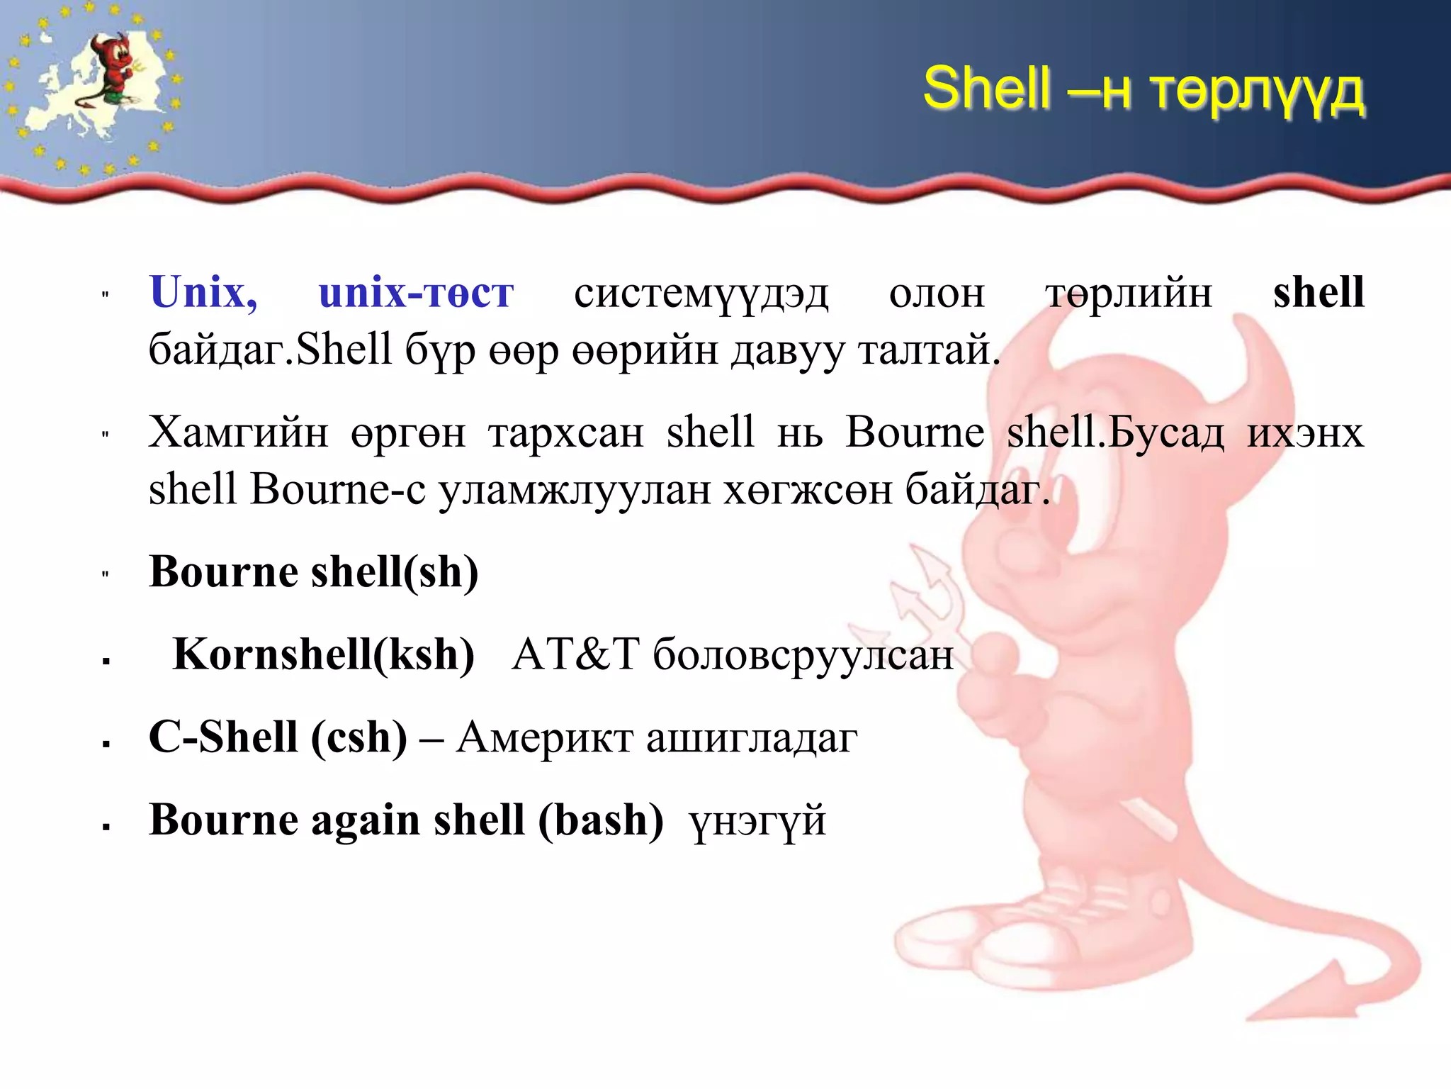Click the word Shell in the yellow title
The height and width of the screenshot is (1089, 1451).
[986, 88]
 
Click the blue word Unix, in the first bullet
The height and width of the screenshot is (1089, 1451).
[203, 292]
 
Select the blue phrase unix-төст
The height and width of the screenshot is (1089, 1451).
[416, 292]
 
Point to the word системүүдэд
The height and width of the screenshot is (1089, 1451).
[701, 294]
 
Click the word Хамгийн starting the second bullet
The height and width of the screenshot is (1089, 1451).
[238, 432]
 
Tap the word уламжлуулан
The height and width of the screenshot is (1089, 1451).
[574, 490]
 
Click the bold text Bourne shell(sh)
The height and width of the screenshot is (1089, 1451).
[313, 571]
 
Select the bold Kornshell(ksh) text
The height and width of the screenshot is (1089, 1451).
[323, 654]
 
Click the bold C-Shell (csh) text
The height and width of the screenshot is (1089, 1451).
[278, 737]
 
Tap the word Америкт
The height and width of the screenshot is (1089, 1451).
[544, 738]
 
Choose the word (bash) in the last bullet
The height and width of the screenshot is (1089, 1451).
[601, 820]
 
